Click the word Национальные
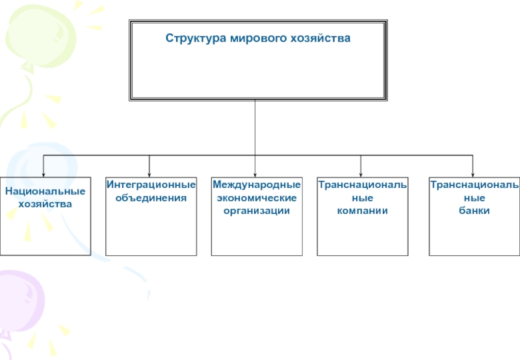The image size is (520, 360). [45, 192]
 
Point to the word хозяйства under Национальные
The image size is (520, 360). [45, 204]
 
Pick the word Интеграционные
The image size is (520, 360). [151, 185]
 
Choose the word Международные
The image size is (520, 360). [257, 185]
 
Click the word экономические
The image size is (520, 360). [257, 198]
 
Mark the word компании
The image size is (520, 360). [362, 211]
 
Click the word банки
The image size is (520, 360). [473, 211]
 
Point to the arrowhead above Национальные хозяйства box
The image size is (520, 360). [44, 173]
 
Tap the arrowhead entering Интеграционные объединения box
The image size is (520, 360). [149, 173]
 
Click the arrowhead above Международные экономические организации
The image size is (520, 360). [255, 173]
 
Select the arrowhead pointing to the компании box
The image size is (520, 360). [361, 173]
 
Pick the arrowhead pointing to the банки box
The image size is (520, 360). [473, 173]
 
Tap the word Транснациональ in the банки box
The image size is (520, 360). [474, 185]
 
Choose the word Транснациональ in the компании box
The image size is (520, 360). [362, 185]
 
